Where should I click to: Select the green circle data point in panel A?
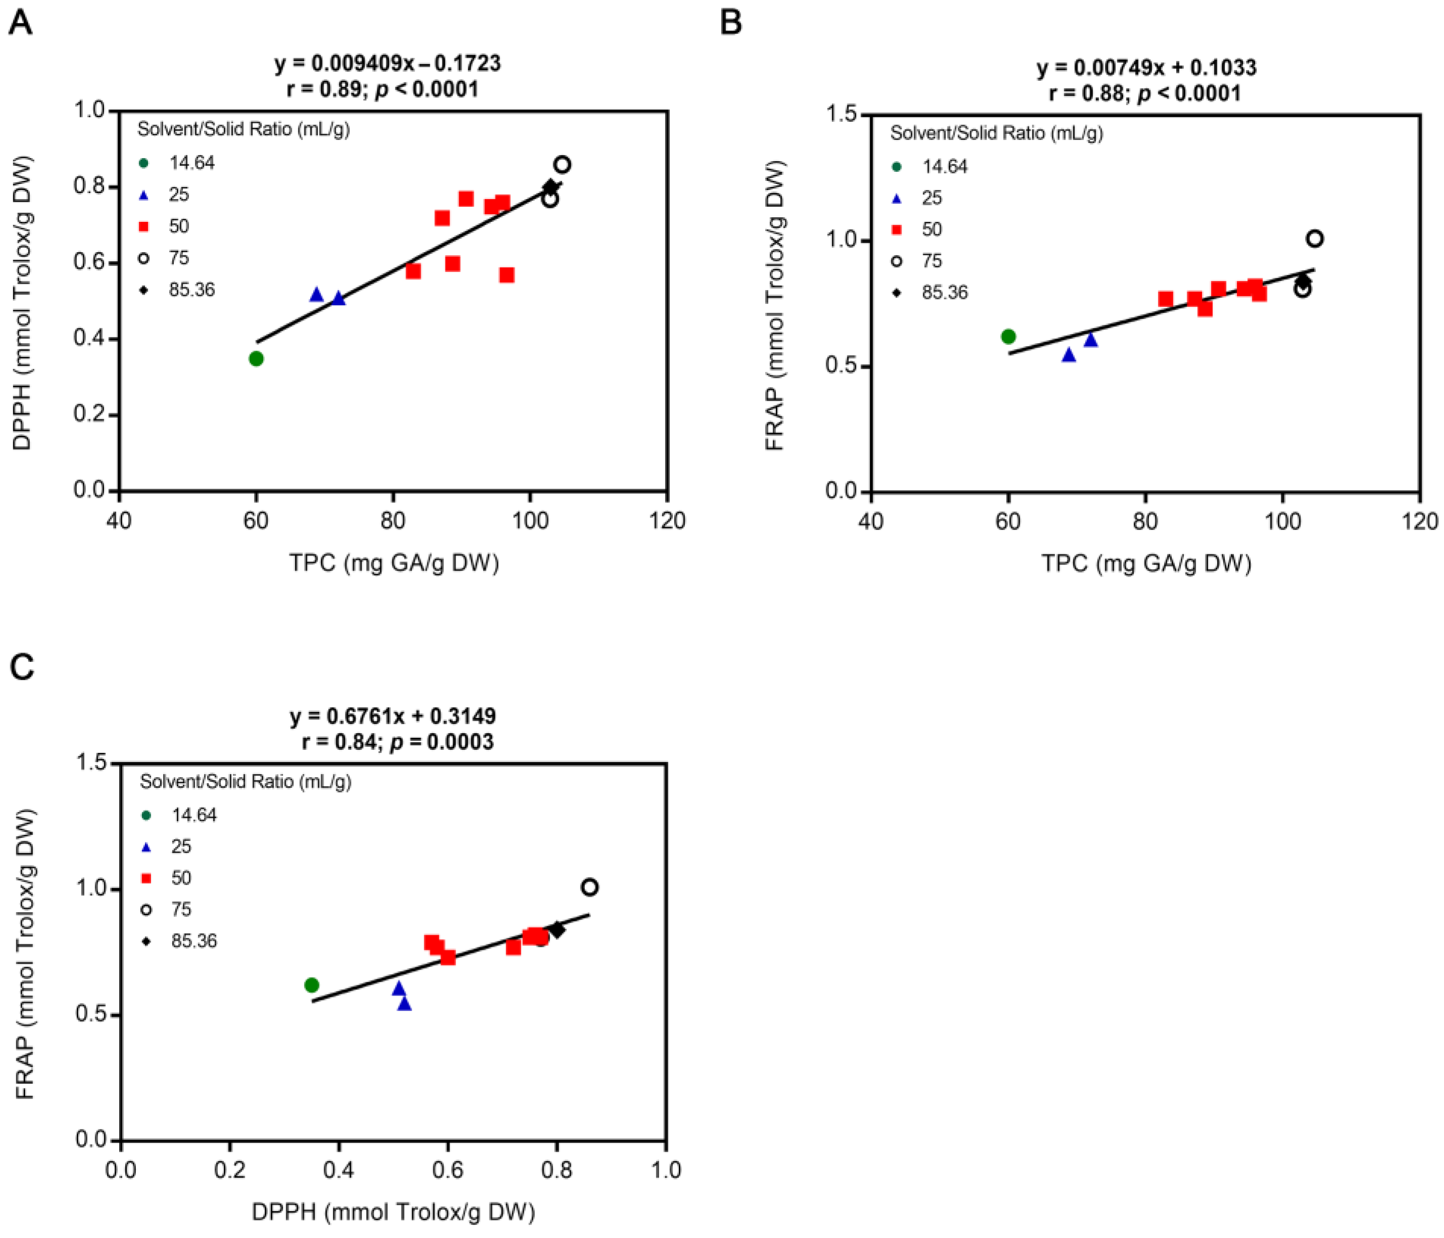pos(256,358)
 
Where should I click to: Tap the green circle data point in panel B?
pos(1008,337)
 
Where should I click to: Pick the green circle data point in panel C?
pos(312,985)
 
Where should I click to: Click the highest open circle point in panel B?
pos(1314,239)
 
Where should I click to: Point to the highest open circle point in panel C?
pos(589,887)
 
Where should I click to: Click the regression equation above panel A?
pos(387,64)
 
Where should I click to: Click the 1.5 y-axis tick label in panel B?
pos(841,114)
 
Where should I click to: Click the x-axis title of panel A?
pos(394,562)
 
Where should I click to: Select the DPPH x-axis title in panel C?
pos(393,1212)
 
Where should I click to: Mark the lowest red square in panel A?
pos(507,275)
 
